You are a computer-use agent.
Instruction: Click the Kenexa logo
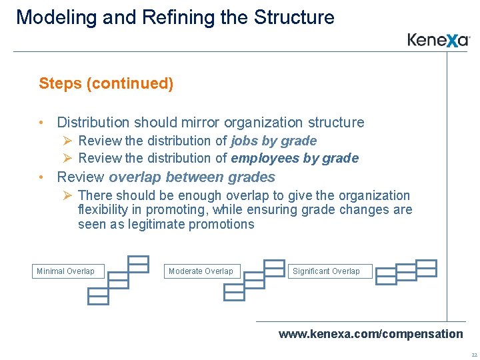(439, 40)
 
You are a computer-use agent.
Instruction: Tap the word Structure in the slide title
(294, 17)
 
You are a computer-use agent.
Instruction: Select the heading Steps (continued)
(106, 83)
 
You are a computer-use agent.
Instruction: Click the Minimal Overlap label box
(65, 271)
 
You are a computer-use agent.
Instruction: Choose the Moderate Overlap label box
(201, 271)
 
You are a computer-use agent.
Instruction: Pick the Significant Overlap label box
(326, 271)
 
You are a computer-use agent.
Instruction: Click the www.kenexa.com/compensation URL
(370, 333)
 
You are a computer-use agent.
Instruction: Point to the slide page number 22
(473, 355)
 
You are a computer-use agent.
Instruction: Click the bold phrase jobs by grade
(273, 141)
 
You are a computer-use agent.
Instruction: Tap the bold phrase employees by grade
(294, 158)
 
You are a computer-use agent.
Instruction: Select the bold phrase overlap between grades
(192, 177)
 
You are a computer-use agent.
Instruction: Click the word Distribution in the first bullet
(93, 123)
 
